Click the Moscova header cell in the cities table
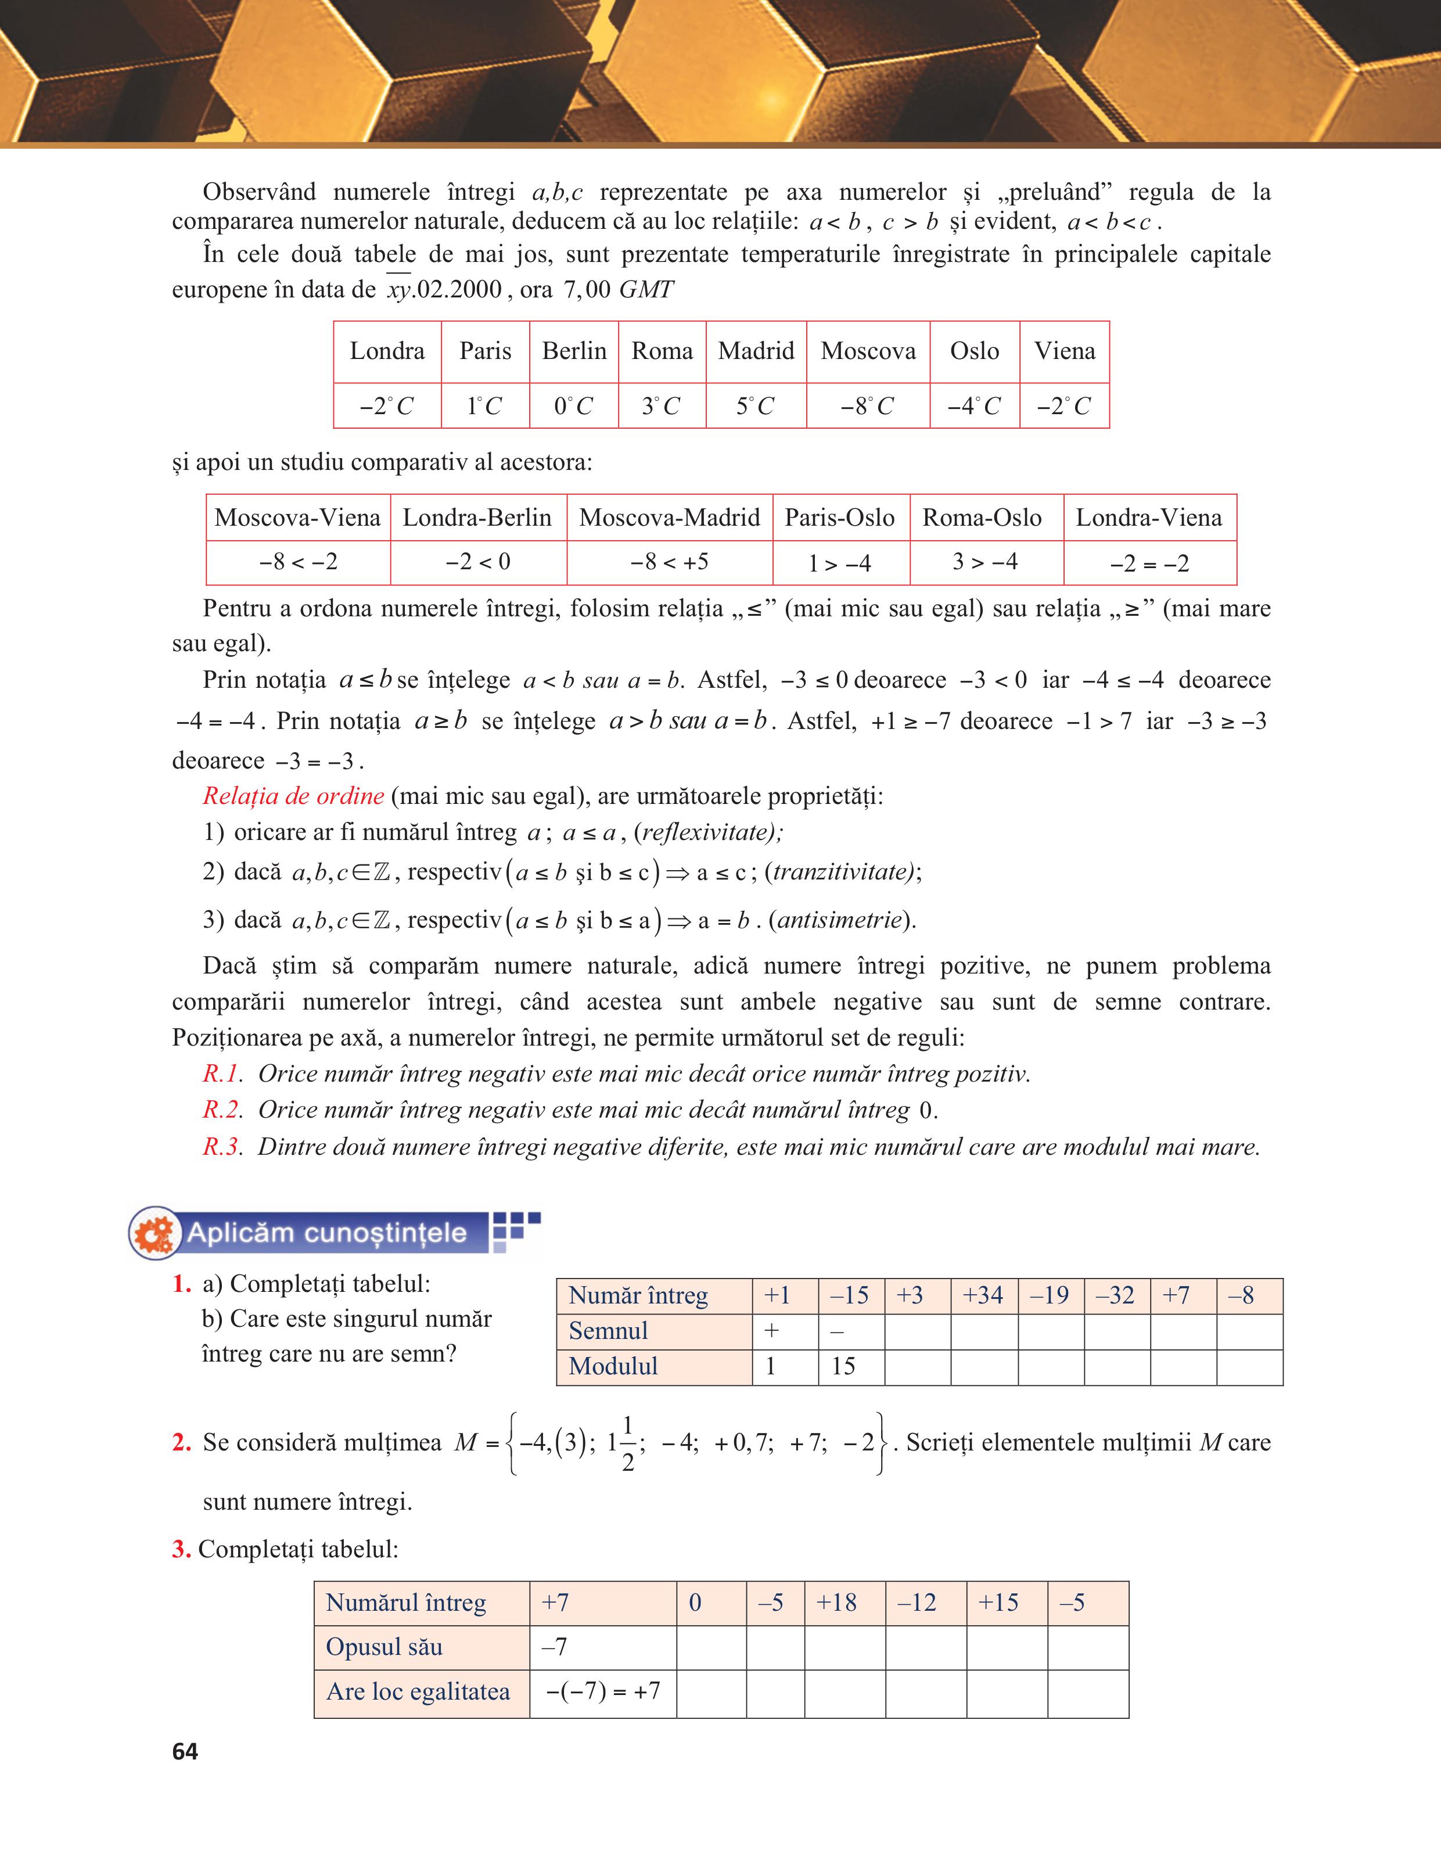pos(868,351)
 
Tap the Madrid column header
pos(756,351)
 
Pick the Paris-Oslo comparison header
pos(840,518)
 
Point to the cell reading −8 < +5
pos(669,562)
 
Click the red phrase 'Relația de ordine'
pos(293,796)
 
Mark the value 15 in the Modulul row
pos(843,1366)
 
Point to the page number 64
pos(185,1752)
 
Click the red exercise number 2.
pos(181,1442)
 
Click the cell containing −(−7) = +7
pos(602,1691)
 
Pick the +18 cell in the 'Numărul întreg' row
pos(836,1603)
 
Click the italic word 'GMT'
pos(646,290)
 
